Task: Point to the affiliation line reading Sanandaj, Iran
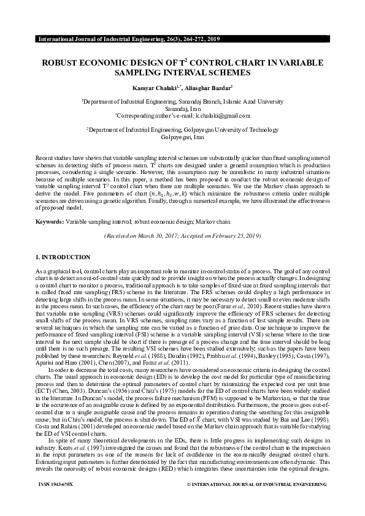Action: (182, 107)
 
